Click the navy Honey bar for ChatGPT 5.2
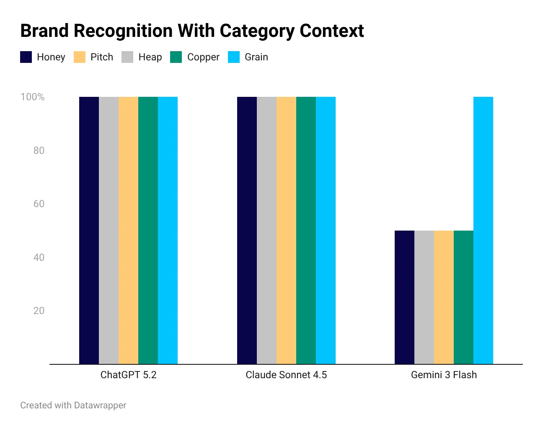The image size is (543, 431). click(89, 230)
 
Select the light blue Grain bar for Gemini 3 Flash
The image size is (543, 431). click(483, 230)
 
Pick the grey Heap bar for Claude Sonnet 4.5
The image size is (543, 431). click(266, 230)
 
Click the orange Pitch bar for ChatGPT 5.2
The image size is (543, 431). click(128, 230)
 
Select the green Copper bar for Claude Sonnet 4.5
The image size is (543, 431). click(306, 230)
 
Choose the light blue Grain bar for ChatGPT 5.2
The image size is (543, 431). click(168, 230)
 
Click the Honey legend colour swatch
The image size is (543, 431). click(26, 57)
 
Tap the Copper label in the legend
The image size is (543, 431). click(203, 57)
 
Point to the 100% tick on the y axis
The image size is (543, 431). click(33, 97)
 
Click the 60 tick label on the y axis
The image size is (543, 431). click(39, 204)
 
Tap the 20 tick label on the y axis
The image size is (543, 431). click(39, 311)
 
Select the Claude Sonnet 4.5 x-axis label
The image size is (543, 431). click(286, 375)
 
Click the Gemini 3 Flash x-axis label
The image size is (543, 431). click(444, 375)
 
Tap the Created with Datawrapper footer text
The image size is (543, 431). click(73, 405)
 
